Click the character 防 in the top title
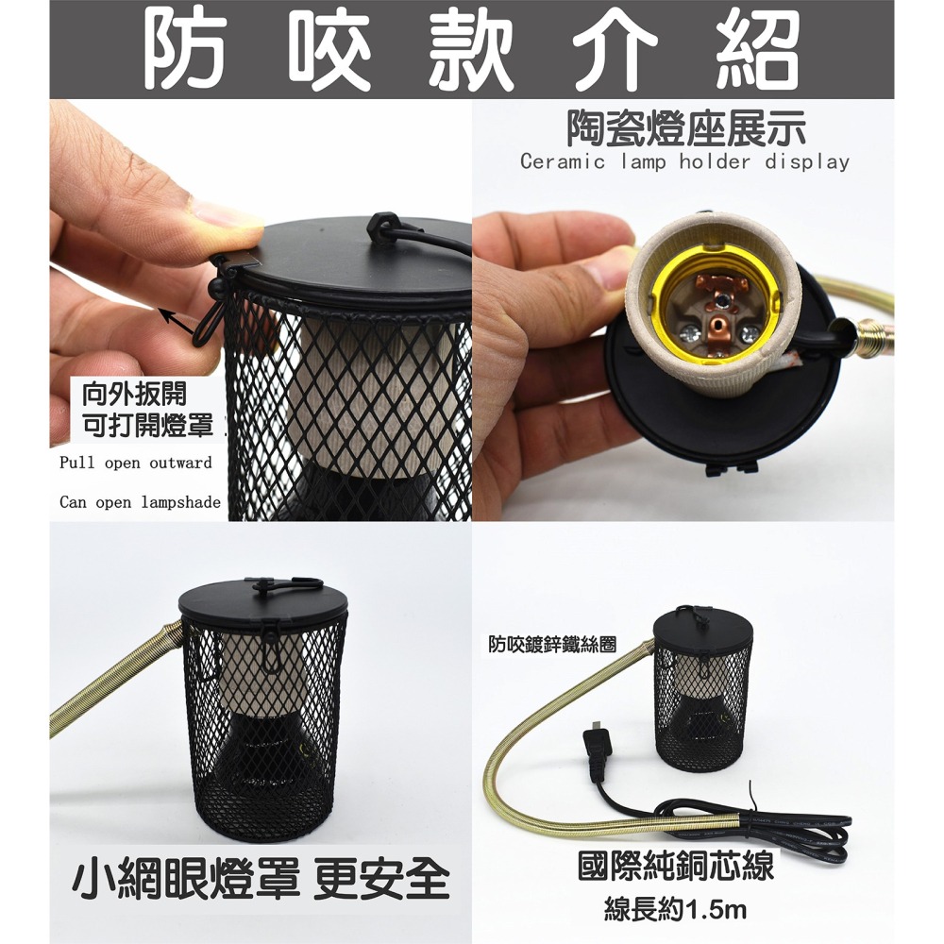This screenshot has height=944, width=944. click(186, 49)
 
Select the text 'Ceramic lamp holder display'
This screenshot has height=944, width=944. click(684, 162)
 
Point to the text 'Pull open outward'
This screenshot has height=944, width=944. click(136, 464)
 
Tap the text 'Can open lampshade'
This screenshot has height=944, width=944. click(140, 502)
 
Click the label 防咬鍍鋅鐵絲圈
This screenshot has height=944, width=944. click(552, 646)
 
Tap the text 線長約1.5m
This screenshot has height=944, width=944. click(676, 911)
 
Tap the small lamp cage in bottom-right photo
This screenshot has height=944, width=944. click(702, 689)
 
